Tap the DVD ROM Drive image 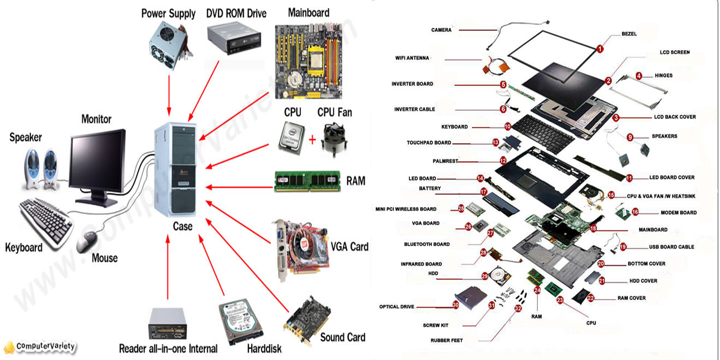(234, 39)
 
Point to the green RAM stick (307, 181)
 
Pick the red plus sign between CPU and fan (312, 139)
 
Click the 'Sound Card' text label (342, 337)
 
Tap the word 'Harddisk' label (264, 348)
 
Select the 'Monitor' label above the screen (96, 119)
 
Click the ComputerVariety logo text (45, 346)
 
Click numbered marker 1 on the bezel (600, 49)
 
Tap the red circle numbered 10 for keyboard (508, 126)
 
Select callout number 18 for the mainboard (593, 228)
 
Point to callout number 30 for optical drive (456, 305)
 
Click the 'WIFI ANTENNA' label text (412, 58)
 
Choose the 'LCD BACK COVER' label (675, 117)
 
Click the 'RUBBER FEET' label (446, 340)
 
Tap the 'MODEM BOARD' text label (678, 213)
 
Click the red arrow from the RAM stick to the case (239, 187)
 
